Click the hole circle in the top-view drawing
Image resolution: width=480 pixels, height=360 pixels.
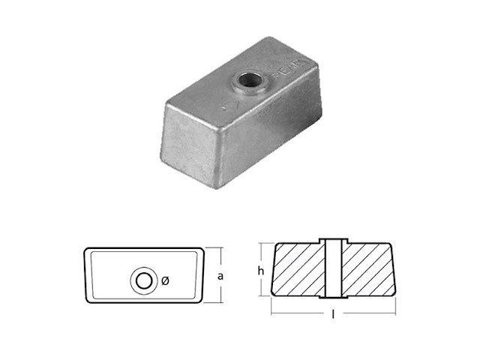click(142, 281)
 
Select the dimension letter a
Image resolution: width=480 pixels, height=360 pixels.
click(220, 276)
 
